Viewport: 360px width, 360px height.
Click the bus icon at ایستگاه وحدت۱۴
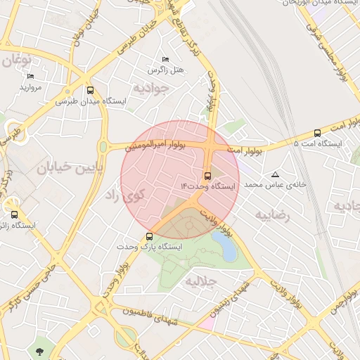[207, 176]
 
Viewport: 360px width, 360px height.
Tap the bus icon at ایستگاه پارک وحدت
[149, 236]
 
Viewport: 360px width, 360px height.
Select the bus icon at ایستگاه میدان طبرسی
[90, 90]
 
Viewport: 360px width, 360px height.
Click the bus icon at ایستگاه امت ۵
[317, 133]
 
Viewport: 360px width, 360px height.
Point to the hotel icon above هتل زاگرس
[166, 60]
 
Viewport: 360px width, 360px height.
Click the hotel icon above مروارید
[30, 77]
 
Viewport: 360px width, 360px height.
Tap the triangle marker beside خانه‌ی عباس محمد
[275, 174]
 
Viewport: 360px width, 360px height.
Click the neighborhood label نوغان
[17, 61]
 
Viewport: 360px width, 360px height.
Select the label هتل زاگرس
[166, 70]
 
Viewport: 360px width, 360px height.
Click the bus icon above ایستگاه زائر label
[14, 214]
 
